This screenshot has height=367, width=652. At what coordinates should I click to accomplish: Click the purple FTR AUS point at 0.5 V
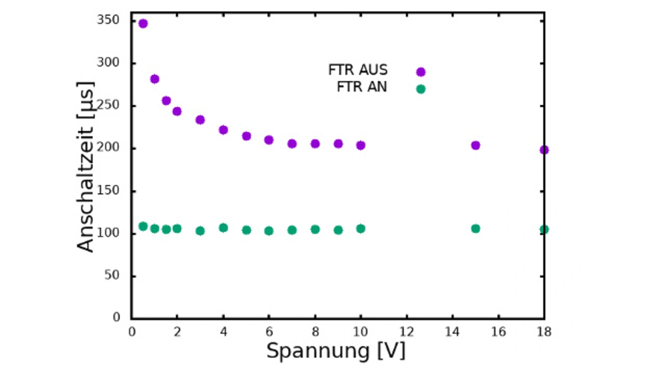coord(143,23)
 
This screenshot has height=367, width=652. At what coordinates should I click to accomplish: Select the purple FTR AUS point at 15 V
coord(475,145)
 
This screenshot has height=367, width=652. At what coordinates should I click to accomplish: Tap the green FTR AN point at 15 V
coord(475,229)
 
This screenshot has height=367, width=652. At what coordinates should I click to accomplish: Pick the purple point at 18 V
coord(544,150)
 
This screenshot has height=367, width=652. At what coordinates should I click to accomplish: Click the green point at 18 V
coord(544,230)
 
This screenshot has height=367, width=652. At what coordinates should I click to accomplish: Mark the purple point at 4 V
coord(223,130)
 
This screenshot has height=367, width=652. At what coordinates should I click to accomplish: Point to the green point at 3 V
coord(200,231)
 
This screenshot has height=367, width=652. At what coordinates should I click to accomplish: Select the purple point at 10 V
coord(361,145)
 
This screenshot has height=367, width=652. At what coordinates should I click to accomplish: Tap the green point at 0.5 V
coord(143,227)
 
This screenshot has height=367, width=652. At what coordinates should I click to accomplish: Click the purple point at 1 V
coord(154,79)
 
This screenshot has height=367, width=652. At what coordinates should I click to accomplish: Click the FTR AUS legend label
coord(358,70)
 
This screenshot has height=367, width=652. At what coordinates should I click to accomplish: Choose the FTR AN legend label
coord(362,88)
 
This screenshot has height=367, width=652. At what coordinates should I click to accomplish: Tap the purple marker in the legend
coord(421,72)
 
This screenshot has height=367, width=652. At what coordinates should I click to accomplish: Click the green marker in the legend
coord(421,89)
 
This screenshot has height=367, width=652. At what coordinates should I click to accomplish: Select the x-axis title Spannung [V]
coord(336,351)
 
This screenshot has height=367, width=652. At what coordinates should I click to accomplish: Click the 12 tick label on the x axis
coord(406,332)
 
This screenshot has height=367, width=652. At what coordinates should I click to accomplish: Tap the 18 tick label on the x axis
coord(544,332)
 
